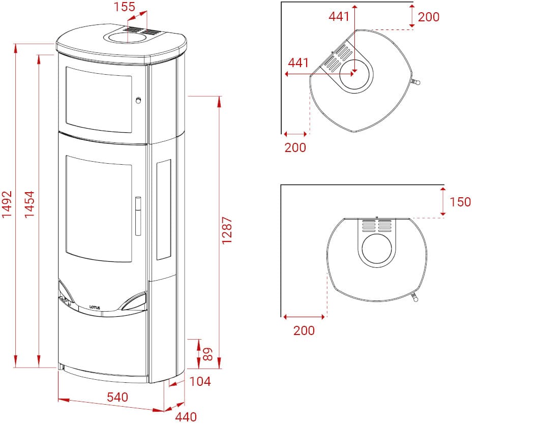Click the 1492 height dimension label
7,204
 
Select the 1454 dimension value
29,204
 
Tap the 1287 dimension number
227,230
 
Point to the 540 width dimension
117,397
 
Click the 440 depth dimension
186,417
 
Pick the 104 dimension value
200,381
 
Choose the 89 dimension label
207,354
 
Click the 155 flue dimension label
125,7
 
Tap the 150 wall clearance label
460,202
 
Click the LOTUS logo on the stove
95,307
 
